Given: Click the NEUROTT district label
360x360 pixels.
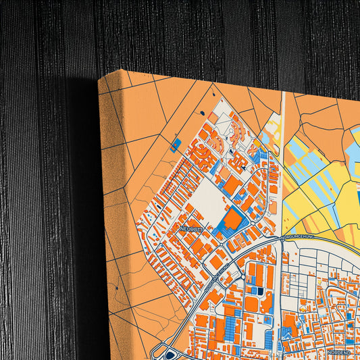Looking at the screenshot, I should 192,230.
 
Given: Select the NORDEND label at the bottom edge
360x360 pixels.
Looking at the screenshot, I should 338,352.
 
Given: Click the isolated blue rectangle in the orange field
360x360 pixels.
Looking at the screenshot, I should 176,144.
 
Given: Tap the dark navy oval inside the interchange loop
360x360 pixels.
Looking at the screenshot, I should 168,354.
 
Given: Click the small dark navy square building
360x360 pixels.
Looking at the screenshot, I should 257,290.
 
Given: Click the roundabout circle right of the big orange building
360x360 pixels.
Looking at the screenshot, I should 253,224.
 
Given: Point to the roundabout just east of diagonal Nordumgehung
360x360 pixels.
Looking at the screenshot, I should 242,276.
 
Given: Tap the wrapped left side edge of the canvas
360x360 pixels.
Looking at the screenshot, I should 103,223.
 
